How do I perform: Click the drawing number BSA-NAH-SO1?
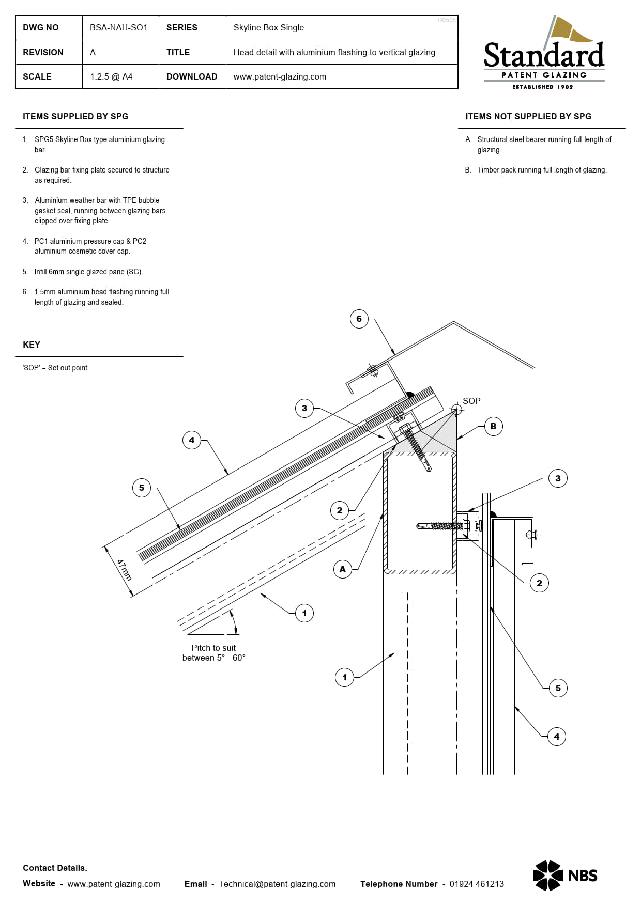click(x=118, y=27)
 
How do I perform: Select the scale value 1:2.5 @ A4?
click(x=111, y=76)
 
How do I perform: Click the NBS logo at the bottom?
click(x=565, y=875)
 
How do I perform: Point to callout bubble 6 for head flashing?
click(x=359, y=319)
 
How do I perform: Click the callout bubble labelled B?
click(x=493, y=426)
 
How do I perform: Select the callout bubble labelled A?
click(x=342, y=569)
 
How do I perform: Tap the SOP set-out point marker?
click(x=456, y=410)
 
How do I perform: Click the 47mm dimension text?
click(x=124, y=570)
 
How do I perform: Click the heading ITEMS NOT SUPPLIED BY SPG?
click(x=528, y=116)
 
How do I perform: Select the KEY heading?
click(x=32, y=345)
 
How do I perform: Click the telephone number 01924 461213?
click(x=476, y=884)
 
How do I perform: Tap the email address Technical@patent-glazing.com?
click(x=277, y=884)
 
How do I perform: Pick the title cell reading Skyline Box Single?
click(x=268, y=27)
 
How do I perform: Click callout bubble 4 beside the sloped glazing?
click(x=192, y=440)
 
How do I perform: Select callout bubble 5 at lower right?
click(x=558, y=688)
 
